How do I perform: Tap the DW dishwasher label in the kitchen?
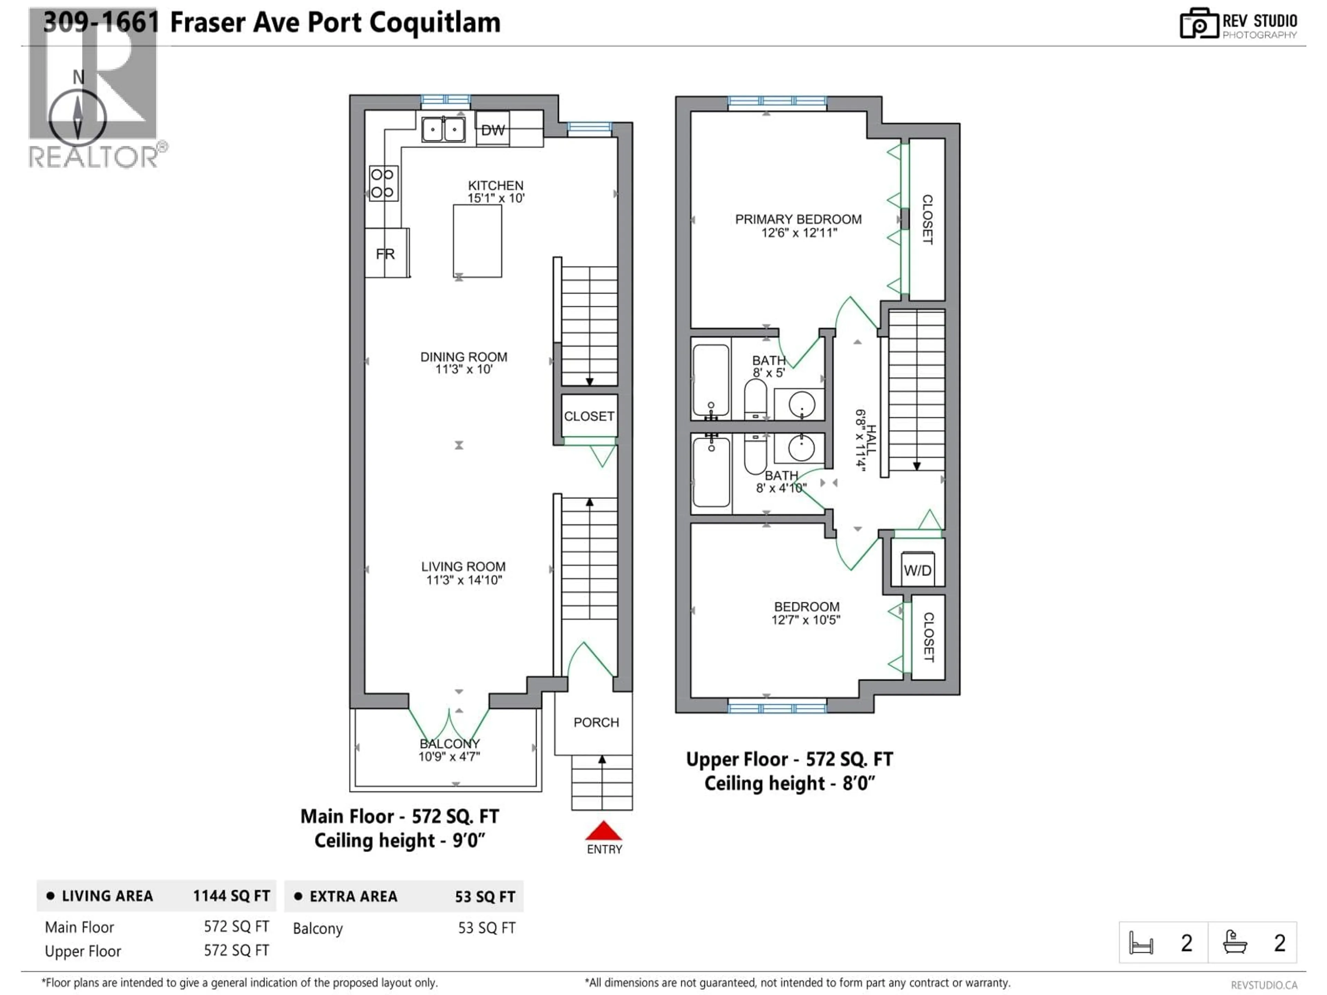tap(492, 130)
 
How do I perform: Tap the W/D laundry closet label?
tap(917, 570)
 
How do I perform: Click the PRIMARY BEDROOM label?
tap(798, 219)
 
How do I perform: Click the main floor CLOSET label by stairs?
tap(589, 416)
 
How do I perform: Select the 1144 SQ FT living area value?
tap(231, 896)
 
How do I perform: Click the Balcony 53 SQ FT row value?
tap(487, 928)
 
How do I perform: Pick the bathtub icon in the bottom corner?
tap(1235, 942)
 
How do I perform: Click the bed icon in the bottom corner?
tap(1140, 943)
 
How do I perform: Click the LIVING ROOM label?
tap(463, 567)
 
